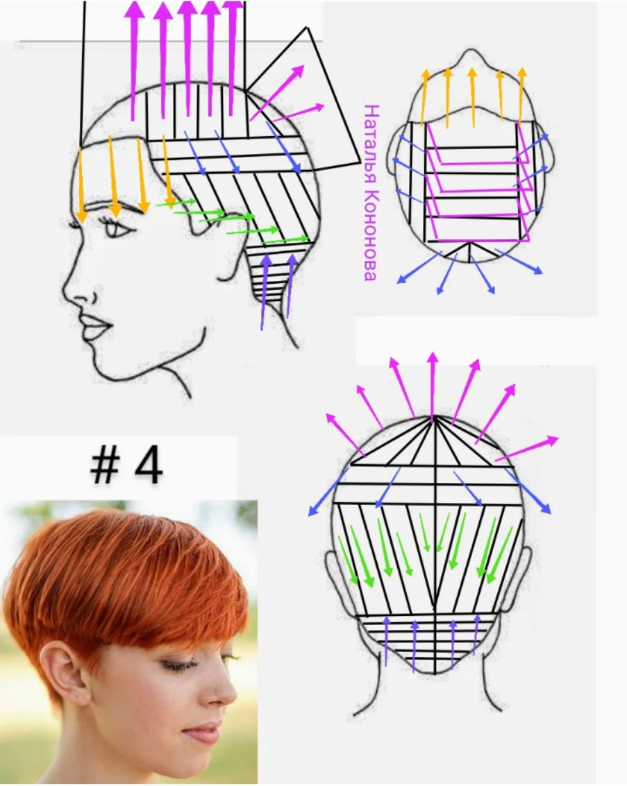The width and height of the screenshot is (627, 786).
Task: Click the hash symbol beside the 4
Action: [105, 465]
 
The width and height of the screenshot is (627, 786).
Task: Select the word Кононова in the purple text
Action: [371, 235]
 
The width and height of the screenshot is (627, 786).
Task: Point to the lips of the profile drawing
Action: [95, 327]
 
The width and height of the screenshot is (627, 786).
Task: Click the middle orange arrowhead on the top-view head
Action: [472, 73]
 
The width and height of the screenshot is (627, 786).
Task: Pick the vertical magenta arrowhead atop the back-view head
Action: [433, 359]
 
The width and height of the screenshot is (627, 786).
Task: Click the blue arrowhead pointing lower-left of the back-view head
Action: [314, 511]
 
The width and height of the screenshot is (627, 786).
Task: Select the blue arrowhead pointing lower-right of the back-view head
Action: [545, 508]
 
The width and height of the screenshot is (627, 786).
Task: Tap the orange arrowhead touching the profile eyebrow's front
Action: [81, 216]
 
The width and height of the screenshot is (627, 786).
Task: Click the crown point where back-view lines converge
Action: [433, 418]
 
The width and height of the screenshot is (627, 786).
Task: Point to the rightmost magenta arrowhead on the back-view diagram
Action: [552, 440]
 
